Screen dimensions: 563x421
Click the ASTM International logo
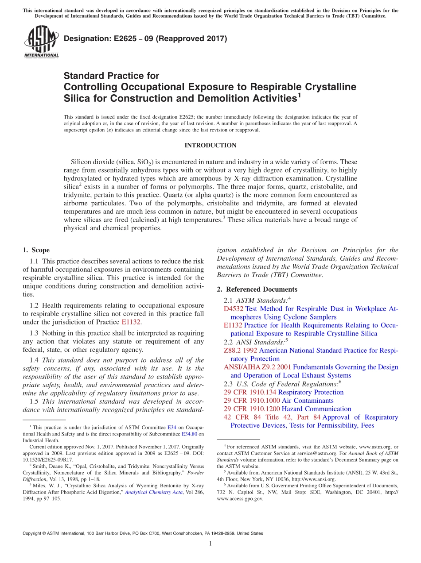[x=41, y=42]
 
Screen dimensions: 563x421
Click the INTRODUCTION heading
[x=210, y=145]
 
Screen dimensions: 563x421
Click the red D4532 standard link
[x=234, y=309]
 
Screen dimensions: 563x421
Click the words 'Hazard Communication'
[x=316, y=409]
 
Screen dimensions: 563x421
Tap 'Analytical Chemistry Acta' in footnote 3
[x=152, y=492]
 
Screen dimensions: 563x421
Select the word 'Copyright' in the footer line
[x=32, y=533]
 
